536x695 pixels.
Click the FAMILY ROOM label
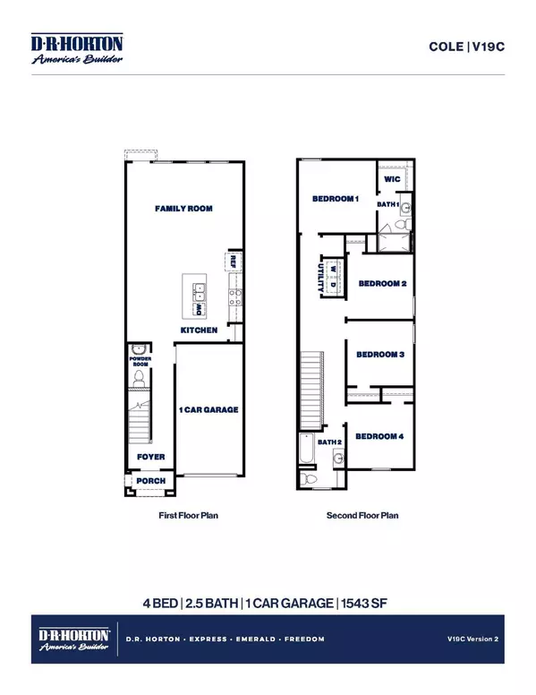click(x=188, y=209)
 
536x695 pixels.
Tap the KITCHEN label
click(x=199, y=330)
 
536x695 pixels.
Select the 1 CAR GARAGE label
click(x=208, y=409)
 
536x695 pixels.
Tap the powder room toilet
click(x=138, y=379)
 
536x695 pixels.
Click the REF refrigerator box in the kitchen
click(x=232, y=262)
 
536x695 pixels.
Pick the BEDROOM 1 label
click(x=335, y=199)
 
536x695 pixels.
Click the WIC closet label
click(x=391, y=179)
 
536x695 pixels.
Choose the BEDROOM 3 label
click(x=381, y=355)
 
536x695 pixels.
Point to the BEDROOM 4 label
click(x=379, y=436)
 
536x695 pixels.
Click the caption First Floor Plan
click(x=188, y=516)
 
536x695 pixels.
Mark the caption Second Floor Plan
click(x=362, y=516)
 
